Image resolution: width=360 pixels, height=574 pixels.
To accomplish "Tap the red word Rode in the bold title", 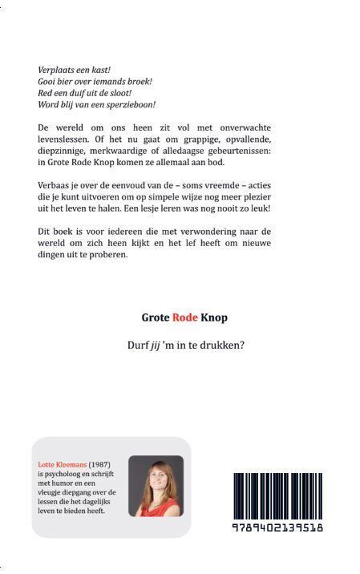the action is [x=185, y=317].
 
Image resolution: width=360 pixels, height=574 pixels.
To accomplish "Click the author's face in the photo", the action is [x=155, y=479].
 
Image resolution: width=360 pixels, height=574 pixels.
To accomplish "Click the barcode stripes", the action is [x=277, y=496].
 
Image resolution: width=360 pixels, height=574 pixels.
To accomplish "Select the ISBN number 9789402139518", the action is [x=277, y=528].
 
